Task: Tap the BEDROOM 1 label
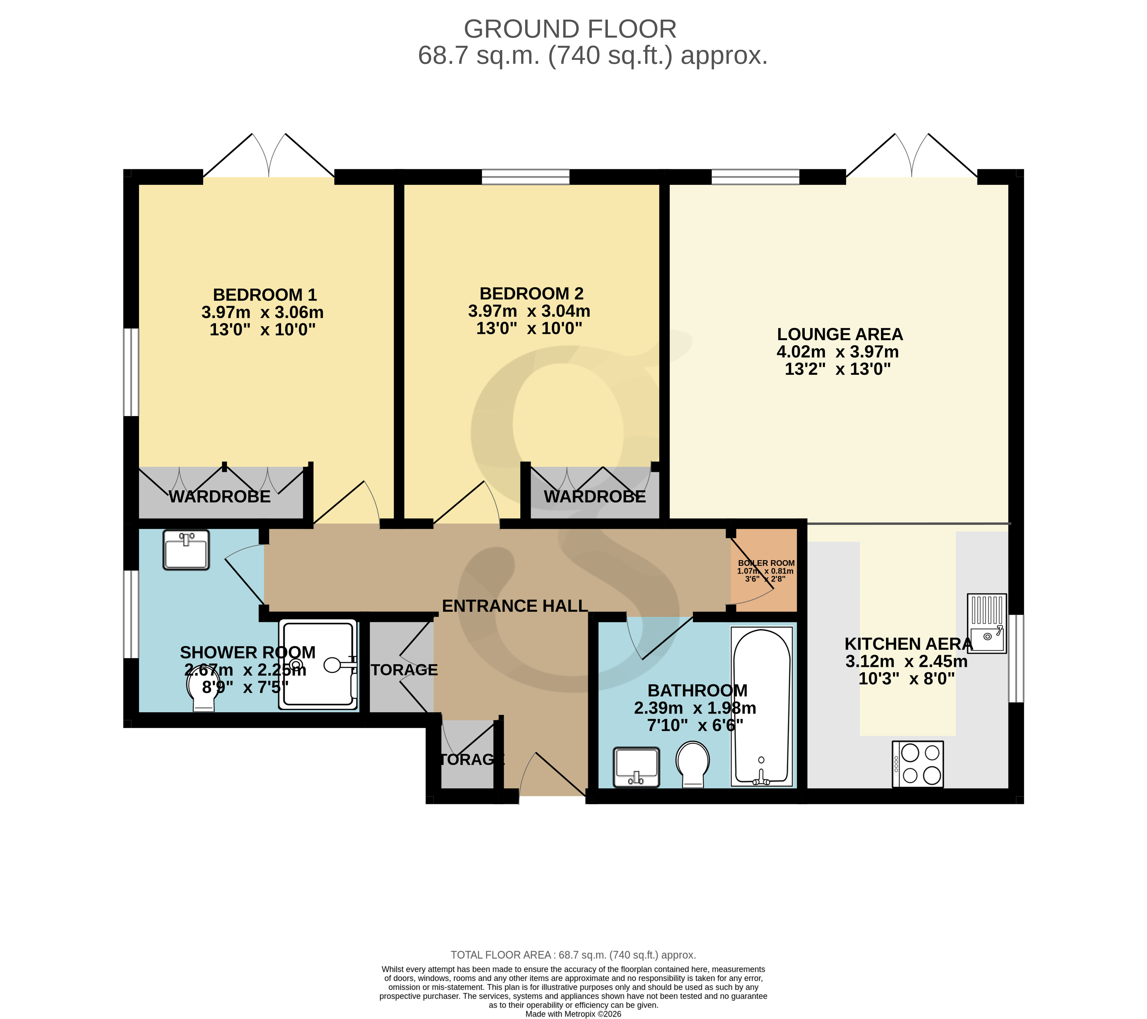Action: (x=265, y=295)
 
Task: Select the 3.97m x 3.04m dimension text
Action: (x=529, y=311)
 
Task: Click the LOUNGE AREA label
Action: (x=839, y=334)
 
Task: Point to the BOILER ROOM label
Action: (x=766, y=563)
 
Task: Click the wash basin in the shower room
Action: (x=186, y=550)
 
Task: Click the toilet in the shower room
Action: (x=202, y=691)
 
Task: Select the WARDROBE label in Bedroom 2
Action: (x=595, y=497)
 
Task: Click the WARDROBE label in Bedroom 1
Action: (x=220, y=497)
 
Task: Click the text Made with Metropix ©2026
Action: (x=573, y=1014)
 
